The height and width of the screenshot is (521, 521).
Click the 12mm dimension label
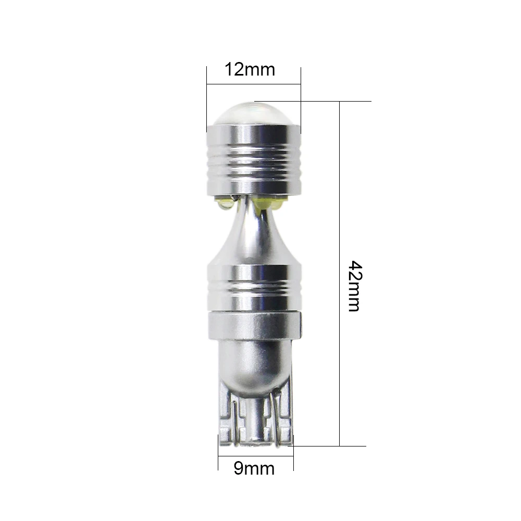[x=250, y=70]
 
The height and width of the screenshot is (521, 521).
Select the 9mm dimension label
[x=254, y=468]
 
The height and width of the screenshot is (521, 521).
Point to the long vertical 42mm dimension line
[x=340, y=274]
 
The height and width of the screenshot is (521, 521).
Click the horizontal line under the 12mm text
[x=254, y=84]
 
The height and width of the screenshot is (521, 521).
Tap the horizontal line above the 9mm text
[x=256, y=456]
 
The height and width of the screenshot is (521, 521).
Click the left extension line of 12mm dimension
[x=207, y=99]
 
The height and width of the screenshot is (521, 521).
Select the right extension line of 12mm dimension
[x=301, y=101]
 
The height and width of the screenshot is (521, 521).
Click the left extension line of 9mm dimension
[x=218, y=452]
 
